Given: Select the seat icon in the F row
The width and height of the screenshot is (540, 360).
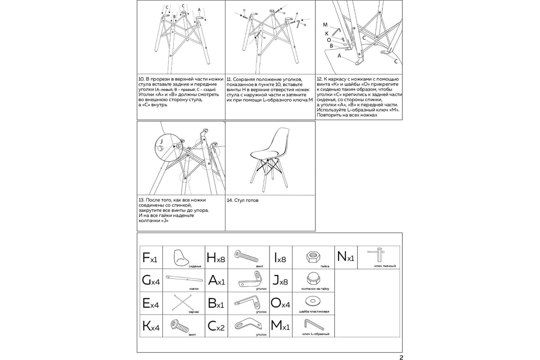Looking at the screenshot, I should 182,257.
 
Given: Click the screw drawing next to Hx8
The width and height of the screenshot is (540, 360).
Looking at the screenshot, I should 247,257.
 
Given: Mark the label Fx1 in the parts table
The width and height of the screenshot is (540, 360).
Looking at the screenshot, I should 149,258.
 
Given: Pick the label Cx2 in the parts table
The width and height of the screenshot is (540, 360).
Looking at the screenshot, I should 216,327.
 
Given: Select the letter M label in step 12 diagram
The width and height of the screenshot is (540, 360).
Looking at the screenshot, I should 325,24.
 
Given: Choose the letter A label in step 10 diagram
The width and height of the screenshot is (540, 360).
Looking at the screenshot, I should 199,9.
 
